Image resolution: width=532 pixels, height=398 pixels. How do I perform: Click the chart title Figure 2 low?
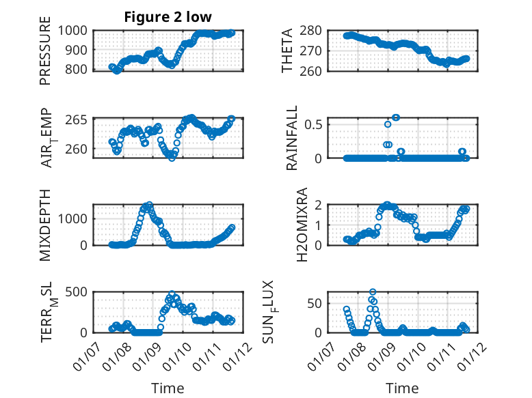(x=168, y=17)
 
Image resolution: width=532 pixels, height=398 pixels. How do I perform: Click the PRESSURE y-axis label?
(x=45, y=56)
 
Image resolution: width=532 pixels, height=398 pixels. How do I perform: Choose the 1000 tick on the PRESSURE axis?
(x=74, y=31)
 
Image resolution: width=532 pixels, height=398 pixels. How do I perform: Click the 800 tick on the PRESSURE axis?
(x=77, y=69)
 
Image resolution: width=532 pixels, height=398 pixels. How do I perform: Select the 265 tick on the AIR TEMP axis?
(x=77, y=120)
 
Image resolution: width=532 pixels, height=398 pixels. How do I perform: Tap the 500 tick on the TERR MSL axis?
(x=77, y=293)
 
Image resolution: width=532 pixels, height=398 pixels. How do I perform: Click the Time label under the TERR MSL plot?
(x=168, y=388)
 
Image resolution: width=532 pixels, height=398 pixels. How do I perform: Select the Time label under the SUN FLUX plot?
(x=403, y=388)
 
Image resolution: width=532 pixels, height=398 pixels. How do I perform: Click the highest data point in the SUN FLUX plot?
(x=373, y=292)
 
